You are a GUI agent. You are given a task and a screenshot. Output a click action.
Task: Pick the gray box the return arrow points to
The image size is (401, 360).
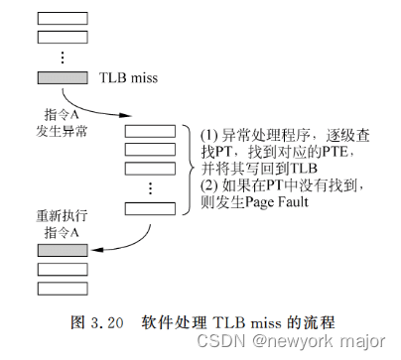point(63,249)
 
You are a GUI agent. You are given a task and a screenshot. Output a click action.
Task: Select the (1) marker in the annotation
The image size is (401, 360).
point(209,132)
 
